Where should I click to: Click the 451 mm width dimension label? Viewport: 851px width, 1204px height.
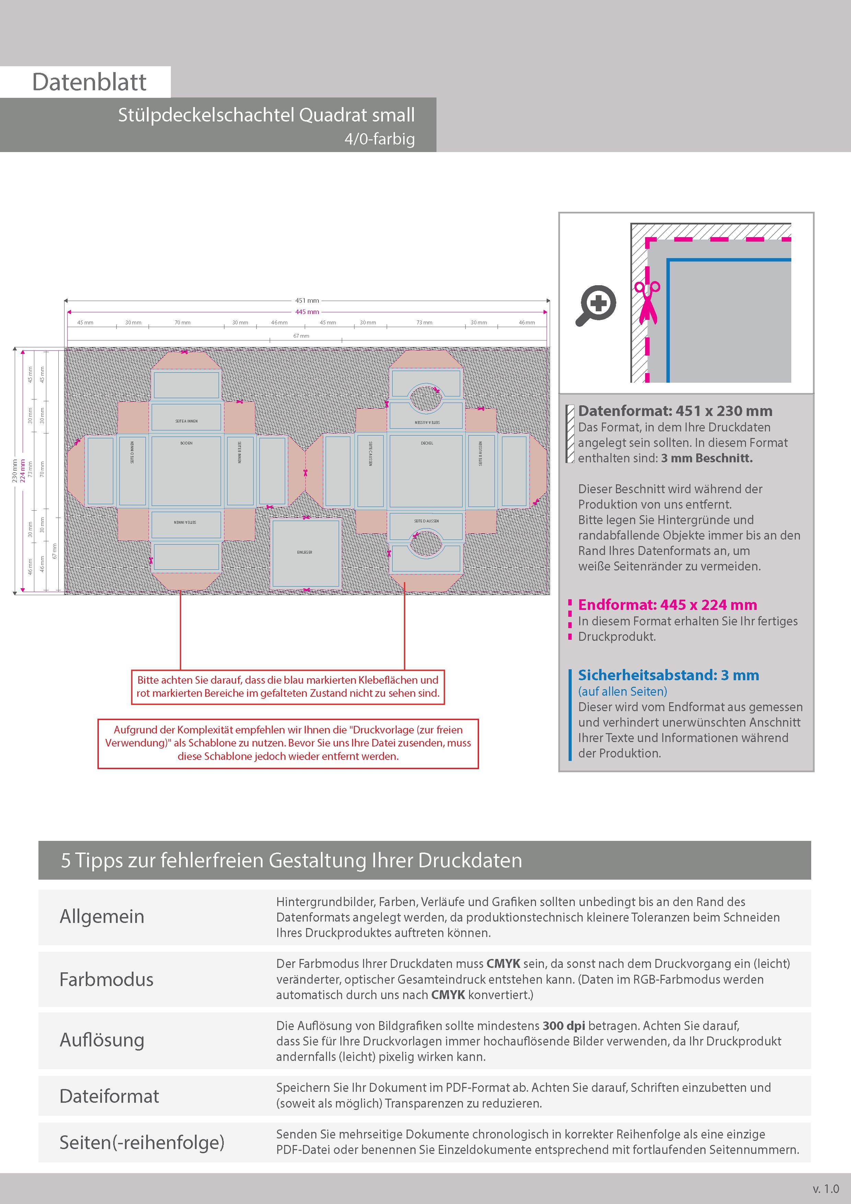(307, 300)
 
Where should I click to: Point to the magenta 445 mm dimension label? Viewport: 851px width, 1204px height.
(307, 312)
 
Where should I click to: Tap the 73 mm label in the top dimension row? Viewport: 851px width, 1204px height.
(424, 323)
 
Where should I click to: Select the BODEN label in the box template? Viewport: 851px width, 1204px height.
(186, 443)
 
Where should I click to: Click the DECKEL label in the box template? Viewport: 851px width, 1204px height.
(427, 443)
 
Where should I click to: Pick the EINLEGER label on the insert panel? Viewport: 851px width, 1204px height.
(305, 552)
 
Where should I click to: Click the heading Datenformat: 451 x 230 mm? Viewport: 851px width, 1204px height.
(675, 411)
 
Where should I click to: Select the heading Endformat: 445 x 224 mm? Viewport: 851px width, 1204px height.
(667, 605)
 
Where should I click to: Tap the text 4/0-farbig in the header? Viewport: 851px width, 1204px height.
(379, 139)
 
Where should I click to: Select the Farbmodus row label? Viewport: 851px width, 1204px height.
(106, 980)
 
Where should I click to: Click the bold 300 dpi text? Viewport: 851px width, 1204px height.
(564, 1026)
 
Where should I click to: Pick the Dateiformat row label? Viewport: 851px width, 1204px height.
(109, 1096)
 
